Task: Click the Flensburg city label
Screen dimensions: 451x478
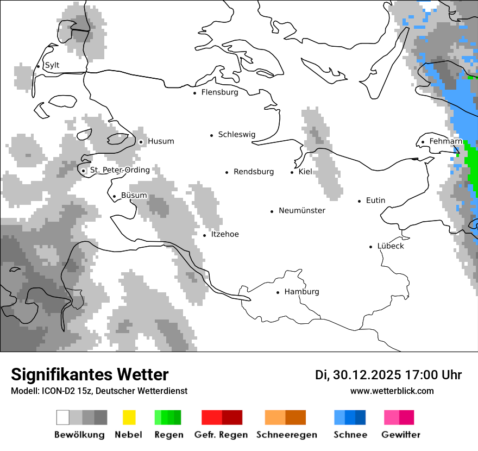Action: [219, 92]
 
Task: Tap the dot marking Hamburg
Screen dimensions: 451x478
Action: [278, 292]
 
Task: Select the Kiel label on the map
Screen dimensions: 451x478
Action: [305, 172]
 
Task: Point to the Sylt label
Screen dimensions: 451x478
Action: [52, 65]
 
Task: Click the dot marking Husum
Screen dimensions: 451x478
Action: [141, 142]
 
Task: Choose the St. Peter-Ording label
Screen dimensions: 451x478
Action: [119, 170]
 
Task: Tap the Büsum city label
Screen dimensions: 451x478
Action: [134, 196]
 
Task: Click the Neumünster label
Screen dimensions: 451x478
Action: [302, 211]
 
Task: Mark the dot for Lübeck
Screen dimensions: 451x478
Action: [371, 247]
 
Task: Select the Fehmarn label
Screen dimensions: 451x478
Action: [445, 141]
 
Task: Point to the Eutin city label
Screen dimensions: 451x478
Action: [375, 201]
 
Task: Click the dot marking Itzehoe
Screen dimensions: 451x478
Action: [204, 235]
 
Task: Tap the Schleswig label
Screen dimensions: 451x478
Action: [236, 135]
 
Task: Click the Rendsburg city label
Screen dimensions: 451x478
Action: [254, 172]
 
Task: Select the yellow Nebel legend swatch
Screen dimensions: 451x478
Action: [129, 417]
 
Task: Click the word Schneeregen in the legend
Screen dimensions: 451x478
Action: [286, 435]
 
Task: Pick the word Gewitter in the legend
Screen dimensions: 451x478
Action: [400, 435]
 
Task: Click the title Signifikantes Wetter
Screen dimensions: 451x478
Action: [90, 374]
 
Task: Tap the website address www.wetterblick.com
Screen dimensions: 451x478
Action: [392, 391]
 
